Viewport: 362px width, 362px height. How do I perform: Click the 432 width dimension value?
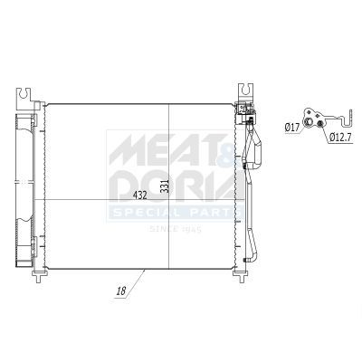(140, 195)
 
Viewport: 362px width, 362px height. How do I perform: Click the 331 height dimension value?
(165, 186)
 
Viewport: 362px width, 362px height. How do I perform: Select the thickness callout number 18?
(121, 291)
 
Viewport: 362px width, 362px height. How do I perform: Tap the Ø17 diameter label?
(292, 128)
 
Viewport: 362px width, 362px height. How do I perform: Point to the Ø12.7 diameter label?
(340, 138)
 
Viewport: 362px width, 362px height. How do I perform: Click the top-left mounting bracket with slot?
(24, 99)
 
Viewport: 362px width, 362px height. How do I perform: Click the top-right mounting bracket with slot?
(246, 93)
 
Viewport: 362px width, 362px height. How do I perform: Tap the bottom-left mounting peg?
(39, 275)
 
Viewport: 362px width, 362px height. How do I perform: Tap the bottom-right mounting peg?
(241, 275)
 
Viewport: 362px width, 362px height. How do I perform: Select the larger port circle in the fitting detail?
(309, 121)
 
